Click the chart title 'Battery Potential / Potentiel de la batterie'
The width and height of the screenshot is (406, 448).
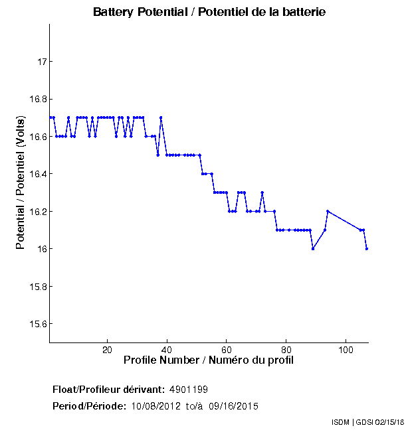209,13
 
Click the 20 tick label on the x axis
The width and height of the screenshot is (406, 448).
107,350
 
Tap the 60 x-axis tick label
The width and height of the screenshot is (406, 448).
227,350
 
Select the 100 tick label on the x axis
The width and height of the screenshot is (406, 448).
346,350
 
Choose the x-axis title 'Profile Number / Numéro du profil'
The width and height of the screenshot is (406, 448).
209,360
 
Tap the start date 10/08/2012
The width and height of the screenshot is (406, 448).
154,406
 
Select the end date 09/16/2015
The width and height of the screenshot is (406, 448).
234,406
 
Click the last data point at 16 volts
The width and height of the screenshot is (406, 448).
367,249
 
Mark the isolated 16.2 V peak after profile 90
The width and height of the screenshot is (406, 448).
328,211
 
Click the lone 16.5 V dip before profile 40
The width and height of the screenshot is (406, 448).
157,155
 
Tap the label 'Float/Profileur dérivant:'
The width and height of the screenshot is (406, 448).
108,389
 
